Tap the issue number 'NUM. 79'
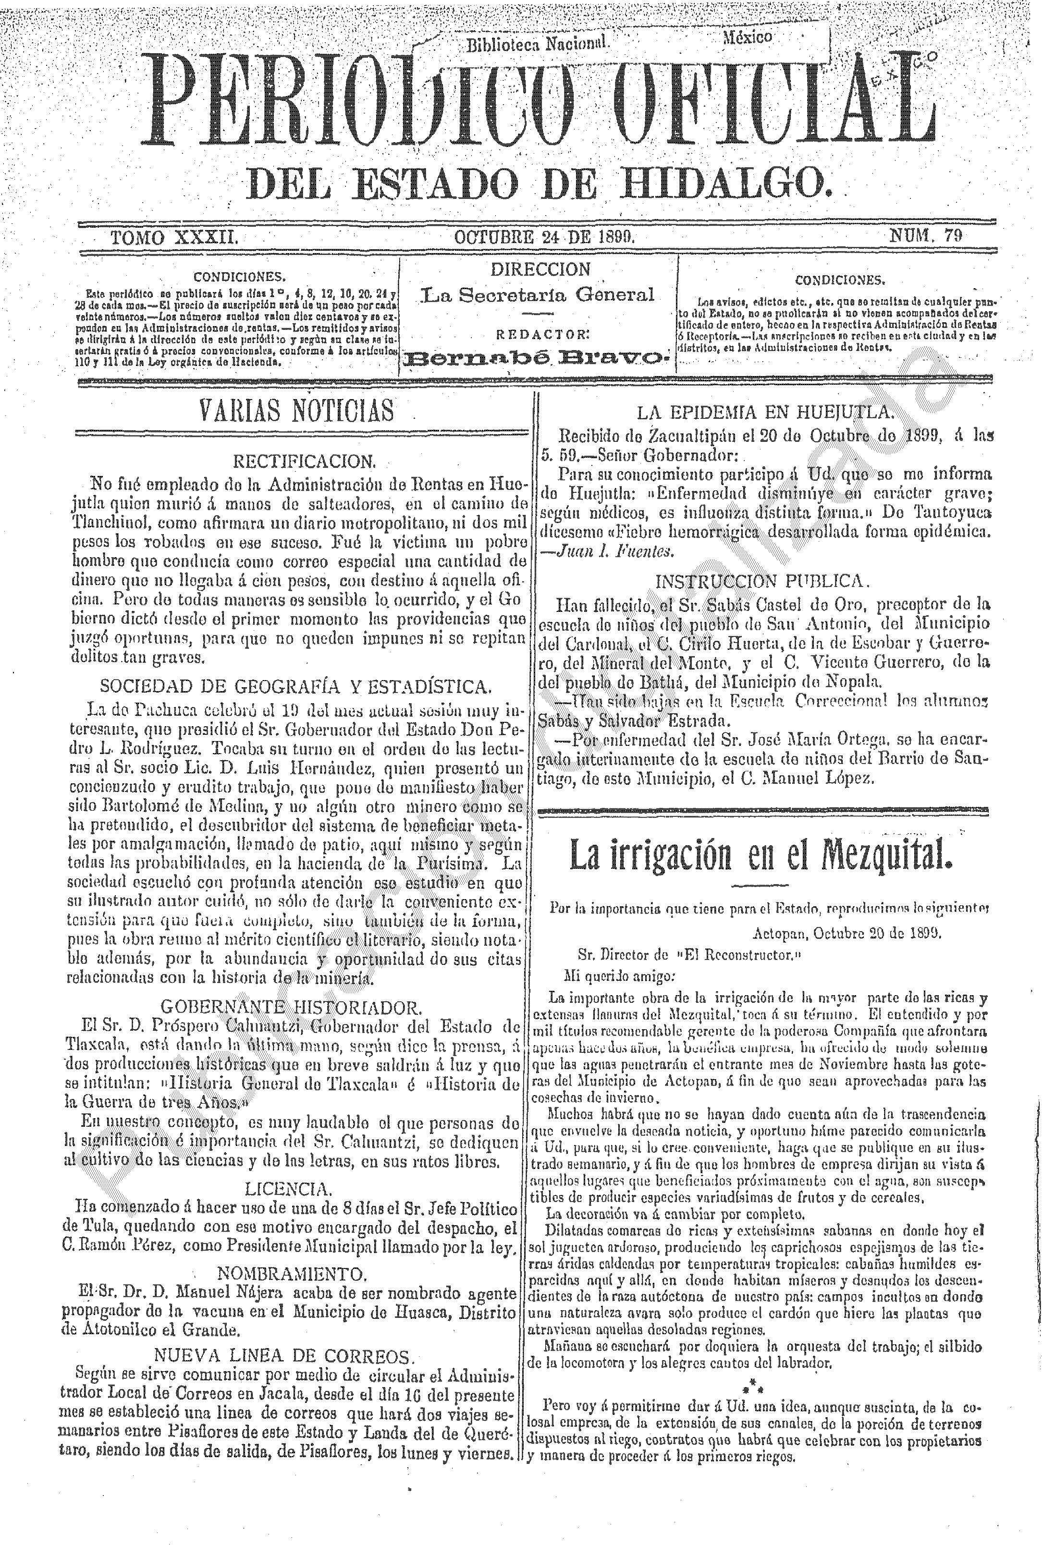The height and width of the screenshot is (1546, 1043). [x=926, y=236]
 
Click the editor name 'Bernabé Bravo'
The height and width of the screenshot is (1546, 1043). [x=538, y=360]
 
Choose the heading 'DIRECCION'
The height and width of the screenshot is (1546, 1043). [x=540, y=269]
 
